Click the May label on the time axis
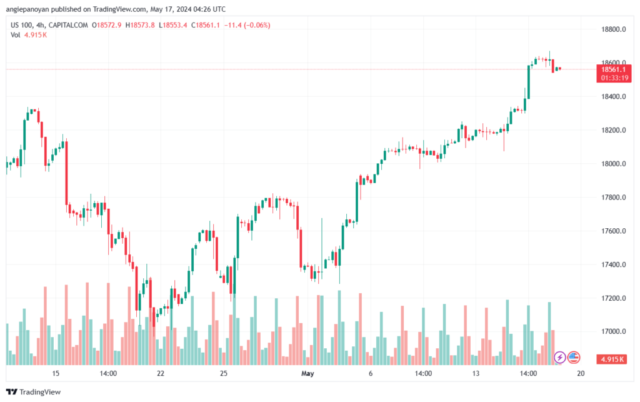[x=307, y=373]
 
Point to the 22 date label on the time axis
[x=161, y=373]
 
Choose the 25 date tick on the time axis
[x=223, y=373]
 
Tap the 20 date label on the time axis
[x=581, y=373]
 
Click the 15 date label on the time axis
[x=56, y=373]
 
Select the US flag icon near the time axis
[x=574, y=358]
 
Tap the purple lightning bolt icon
[x=560, y=358]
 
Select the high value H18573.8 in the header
[x=141, y=25]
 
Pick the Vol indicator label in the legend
[x=16, y=34]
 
